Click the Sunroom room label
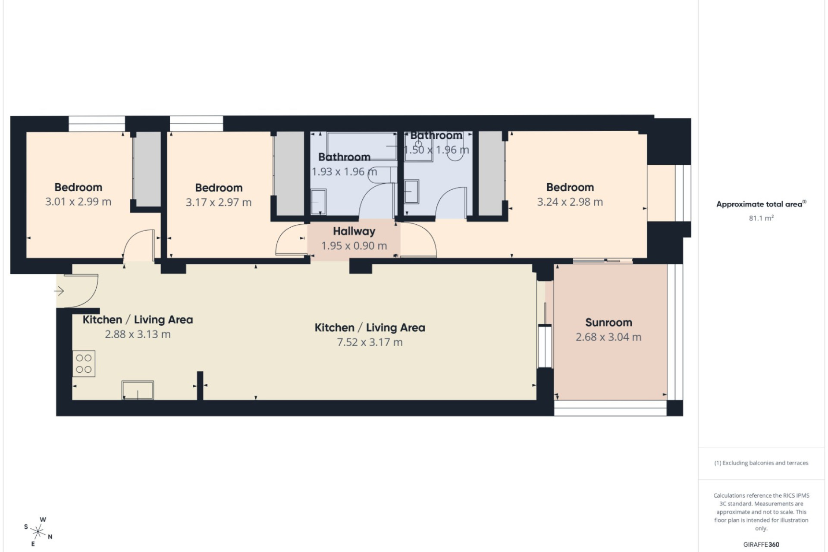(x=608, y=323)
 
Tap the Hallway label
(x=354, y=232)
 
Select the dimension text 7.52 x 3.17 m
(x=370, y=342)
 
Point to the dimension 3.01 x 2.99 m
(x=78, y=202)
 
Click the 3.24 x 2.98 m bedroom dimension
(x=570, y=202)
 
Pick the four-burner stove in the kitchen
(x=84, y=364)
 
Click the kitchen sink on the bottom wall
(x=138, y=390)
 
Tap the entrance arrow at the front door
(x=59, y=292)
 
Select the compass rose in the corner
(x=38, y=532)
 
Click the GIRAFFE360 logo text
(x=761, y=545)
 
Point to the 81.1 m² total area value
(x=761, y=218)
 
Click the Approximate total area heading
(x=761, y=204)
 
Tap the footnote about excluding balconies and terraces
(x=761, y=463)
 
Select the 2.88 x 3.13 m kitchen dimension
(x=138, y=335)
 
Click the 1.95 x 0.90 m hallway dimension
(x=354, y=246)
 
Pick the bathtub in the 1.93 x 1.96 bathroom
(x=362, y=146)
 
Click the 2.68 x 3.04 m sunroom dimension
(x=608, y=337)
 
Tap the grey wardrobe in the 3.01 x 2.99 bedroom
(x=147, y=169)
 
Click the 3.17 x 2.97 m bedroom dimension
(x=219, y=202)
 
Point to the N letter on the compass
(x=50, y=537)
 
